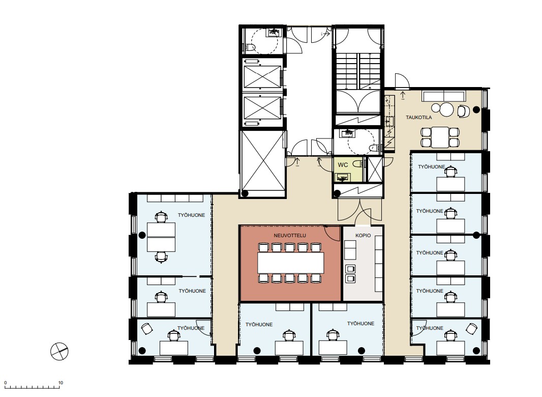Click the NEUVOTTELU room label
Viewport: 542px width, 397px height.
click(290, 235)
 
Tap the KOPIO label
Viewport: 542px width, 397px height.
click(363, 235)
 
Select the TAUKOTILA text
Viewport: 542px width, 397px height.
click(418, 118)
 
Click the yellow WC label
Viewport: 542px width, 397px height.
click(343, 165)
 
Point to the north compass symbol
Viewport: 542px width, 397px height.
click(59, 351)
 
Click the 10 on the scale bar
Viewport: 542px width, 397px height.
click(61, 383)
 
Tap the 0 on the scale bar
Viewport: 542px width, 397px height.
click(6, 383)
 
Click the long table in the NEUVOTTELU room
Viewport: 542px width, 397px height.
click(291, 263)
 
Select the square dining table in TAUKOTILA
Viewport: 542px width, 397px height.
click(440, 137)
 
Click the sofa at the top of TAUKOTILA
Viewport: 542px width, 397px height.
click(444, 96)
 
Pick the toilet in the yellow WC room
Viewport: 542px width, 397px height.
click(357, 164)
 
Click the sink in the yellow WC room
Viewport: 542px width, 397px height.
click(342, 178)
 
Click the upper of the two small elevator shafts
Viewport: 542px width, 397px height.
click(262, 76)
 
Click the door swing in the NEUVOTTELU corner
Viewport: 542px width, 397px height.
click(333, 233)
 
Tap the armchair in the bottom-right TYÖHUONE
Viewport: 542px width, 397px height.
click(471, 328)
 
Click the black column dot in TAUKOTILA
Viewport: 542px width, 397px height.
click(476, 110)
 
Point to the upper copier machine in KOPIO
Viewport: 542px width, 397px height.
click(350, 269)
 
